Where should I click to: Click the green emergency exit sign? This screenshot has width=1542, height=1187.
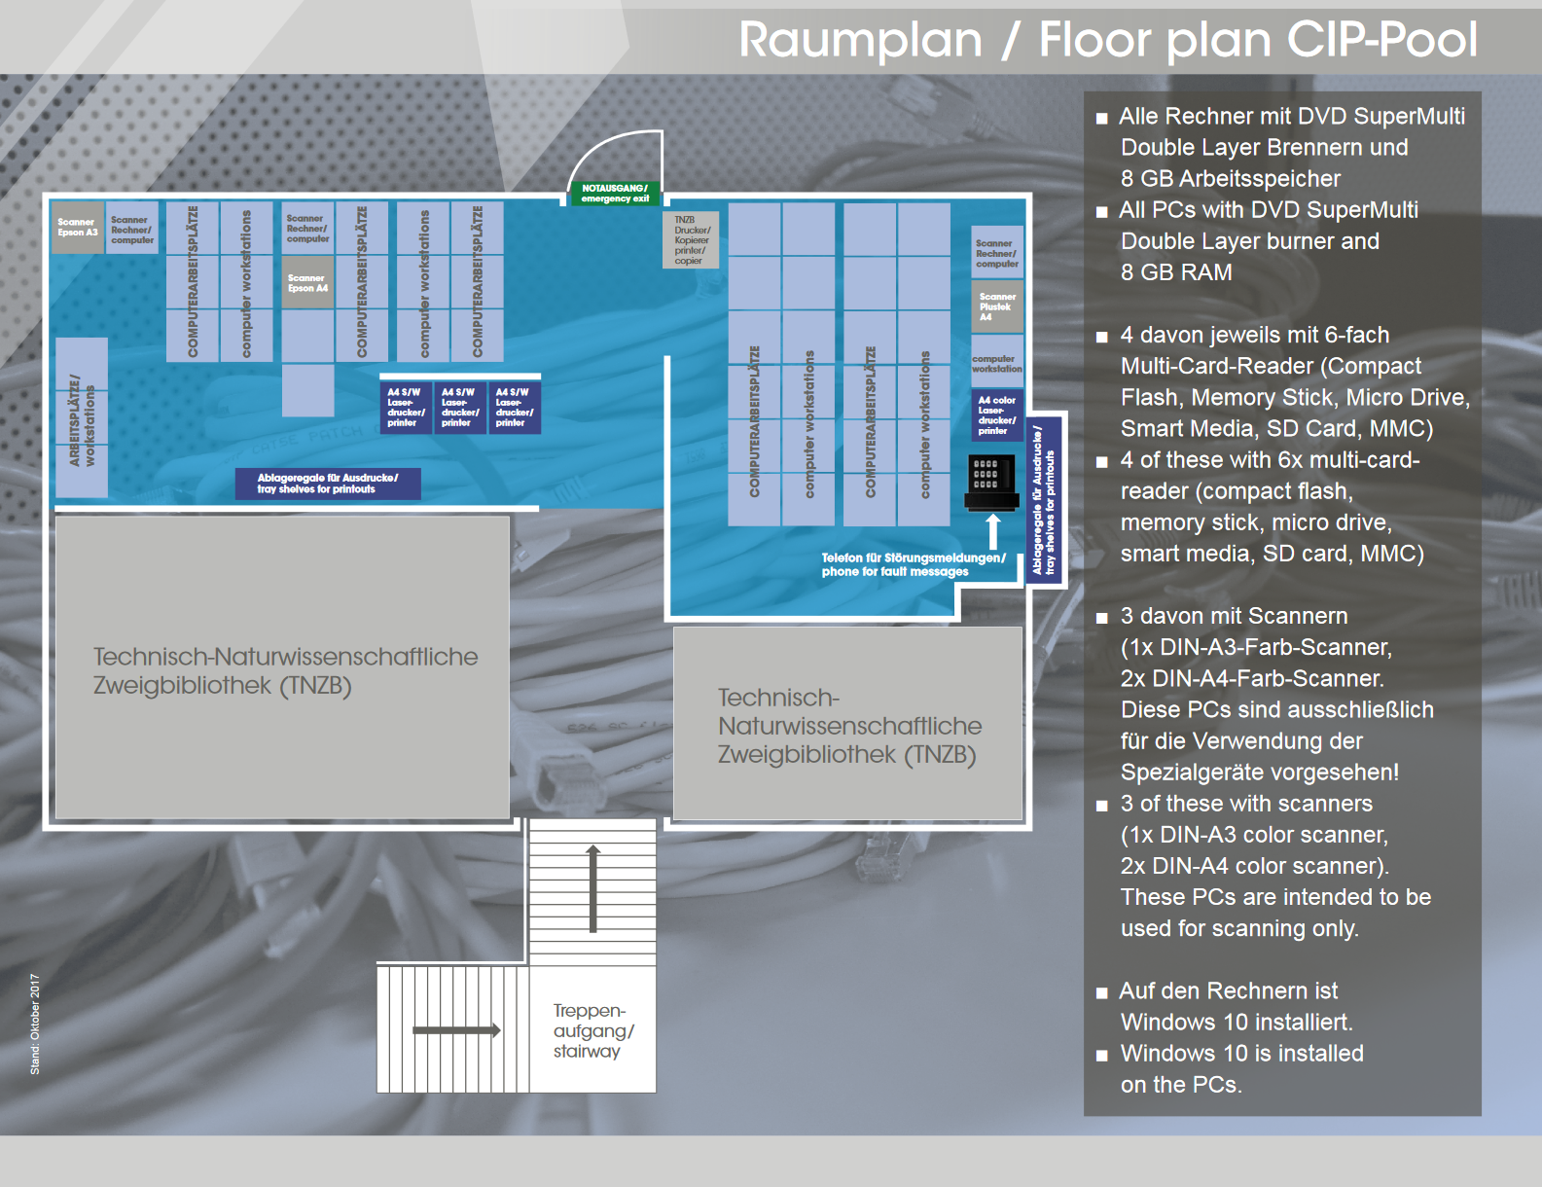point(615,193)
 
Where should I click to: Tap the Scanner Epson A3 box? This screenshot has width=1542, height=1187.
point(77,228)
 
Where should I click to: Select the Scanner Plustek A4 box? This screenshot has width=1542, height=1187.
point(997,306)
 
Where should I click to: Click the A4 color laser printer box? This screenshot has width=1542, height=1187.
point(997,415)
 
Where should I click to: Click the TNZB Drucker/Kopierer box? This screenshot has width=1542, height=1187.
point(691,240)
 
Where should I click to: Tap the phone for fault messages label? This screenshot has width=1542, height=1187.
point(913,564)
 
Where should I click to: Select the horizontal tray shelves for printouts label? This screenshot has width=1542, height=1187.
point(328,484)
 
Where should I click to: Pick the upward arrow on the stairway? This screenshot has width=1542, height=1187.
point(592,888)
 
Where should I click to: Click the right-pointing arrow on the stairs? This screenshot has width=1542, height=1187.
point(456,1029)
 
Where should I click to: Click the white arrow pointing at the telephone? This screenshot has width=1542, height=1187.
point(992,532)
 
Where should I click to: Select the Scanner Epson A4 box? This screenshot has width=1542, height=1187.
point(307,283)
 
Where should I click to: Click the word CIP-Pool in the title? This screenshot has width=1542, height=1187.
point(1381,40)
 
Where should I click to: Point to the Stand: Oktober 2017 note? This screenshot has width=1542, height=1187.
point(35,1024)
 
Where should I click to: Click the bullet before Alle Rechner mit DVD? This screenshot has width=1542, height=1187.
point(1101,119)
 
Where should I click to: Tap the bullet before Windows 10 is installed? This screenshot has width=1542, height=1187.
point(1101,1055)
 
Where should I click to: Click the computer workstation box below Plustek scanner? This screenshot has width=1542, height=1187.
point(997,364)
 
